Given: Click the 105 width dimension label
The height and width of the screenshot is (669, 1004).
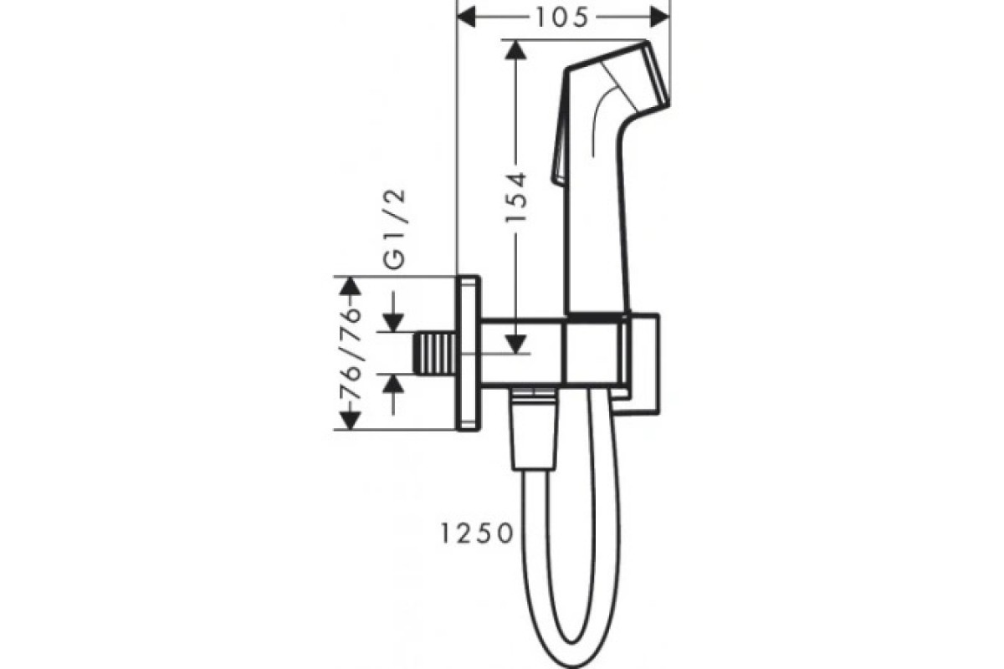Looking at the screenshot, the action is click(x=561, y=18).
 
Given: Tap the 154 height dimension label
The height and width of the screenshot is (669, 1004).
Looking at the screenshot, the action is click(x=515, y=197).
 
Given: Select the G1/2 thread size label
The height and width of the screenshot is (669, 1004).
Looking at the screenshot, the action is click(x=396, y=228).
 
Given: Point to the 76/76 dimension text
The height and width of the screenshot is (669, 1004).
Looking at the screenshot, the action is click(x=350, y=352).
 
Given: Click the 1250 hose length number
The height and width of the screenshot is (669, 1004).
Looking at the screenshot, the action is click(x=477, y=534).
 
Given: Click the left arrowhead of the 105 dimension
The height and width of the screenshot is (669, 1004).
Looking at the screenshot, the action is click(x=466, y=18).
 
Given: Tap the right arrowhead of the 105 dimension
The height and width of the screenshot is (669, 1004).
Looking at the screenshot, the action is click(x=660, y=18).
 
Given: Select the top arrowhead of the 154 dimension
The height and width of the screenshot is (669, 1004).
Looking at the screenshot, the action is click(x=515, y=49).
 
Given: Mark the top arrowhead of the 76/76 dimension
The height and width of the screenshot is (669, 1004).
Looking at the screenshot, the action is click(x=350, y=286).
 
